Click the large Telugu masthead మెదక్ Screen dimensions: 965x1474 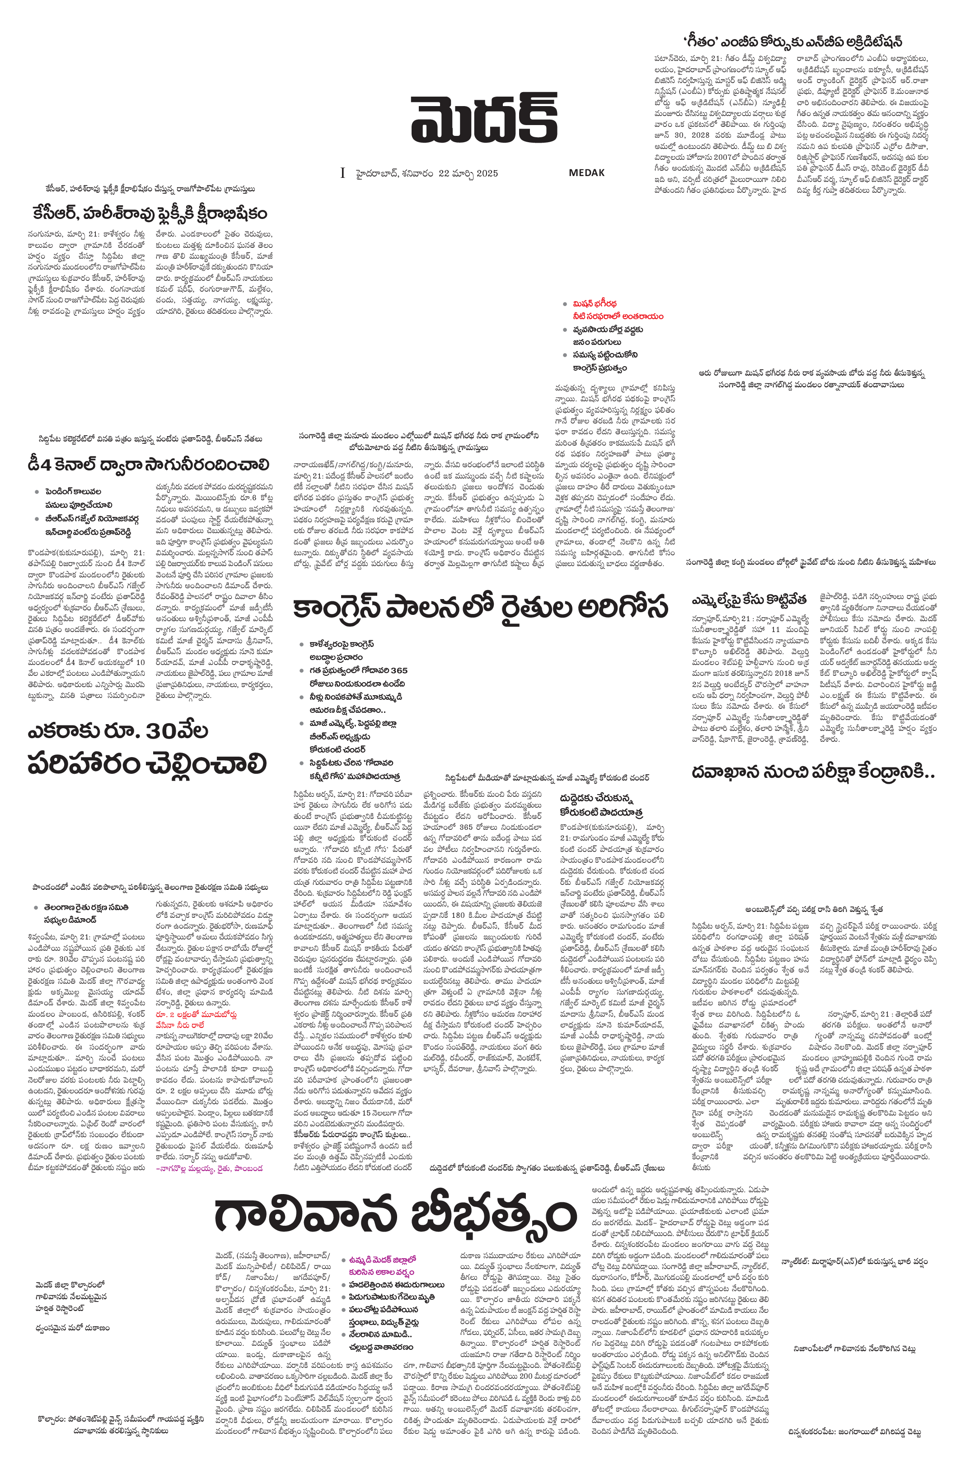point(484,118)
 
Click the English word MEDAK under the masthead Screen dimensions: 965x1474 point(586,173)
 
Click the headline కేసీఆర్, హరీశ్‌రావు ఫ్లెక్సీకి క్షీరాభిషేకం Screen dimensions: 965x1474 point(150,213)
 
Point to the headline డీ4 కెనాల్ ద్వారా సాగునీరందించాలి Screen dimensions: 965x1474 point(149,464)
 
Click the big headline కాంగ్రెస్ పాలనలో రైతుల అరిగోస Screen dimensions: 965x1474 point(480,608)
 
